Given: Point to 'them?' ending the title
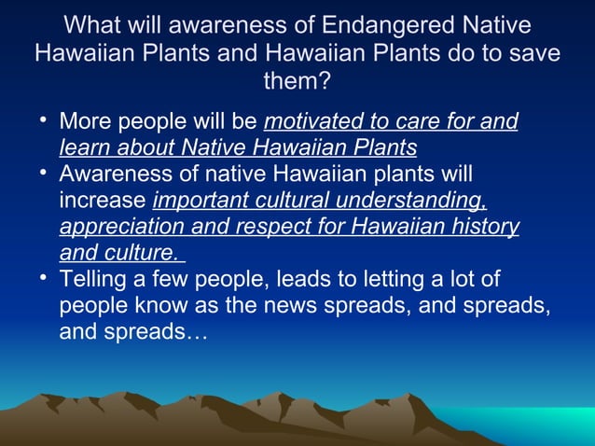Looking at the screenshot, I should tap(297, 82).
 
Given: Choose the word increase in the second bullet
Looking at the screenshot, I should tap(103, 202).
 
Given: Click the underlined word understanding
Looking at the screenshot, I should tap(412, 202).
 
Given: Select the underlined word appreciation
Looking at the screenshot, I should tap(118, 228).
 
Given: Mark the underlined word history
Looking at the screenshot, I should tap(480, 228).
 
